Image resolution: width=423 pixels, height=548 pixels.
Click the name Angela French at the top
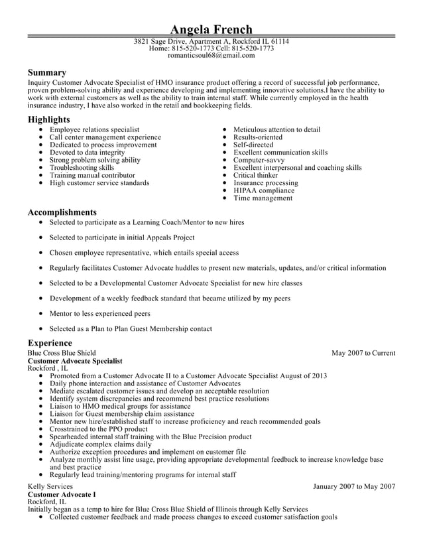211,29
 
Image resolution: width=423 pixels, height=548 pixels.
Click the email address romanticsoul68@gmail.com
211,56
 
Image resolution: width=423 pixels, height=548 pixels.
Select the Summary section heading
46,72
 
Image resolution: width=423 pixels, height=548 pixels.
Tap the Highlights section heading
48,119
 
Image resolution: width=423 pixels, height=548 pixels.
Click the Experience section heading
50,342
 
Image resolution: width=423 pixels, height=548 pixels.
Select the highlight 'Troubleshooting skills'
82,168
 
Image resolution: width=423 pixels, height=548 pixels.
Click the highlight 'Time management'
263,198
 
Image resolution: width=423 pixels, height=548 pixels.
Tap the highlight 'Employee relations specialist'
94,129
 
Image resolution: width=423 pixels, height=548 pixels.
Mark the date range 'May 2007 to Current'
363,353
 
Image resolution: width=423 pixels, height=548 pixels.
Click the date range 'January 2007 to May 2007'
354,486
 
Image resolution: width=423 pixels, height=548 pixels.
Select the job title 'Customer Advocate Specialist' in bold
75,361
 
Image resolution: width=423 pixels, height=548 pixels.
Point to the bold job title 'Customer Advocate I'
62,494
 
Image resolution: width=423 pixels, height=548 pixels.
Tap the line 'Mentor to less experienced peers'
99,313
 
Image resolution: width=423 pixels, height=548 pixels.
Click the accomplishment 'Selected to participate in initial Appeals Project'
122,237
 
